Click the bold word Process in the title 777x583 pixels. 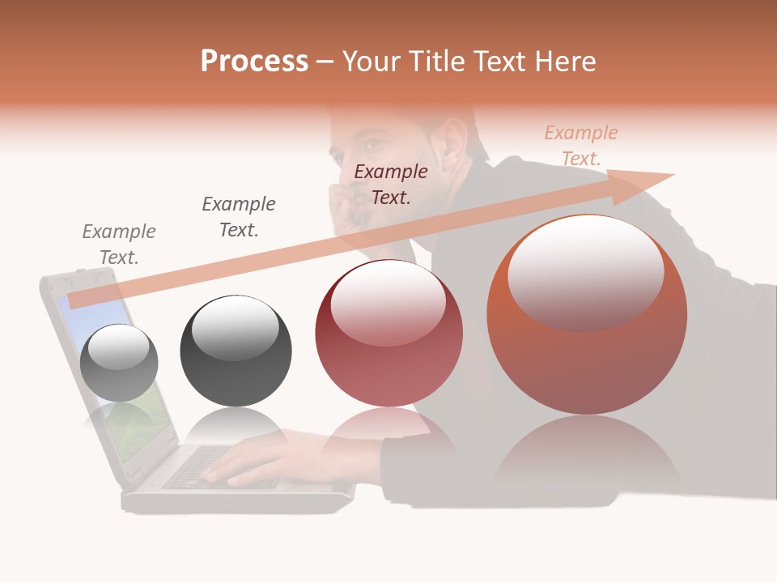pyautogui.click(x=254, y=62)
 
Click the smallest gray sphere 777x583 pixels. pyautogui.click(x=119, y=363)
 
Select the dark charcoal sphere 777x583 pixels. pyautogui.click(x=236, y=351)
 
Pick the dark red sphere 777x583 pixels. pyautogui.click(x=388, y=334)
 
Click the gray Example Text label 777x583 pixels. pyautogui.click(x=119, y=245)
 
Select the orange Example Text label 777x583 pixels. pyautogui.click(x=581, y=146)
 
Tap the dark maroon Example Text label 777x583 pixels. pyautogui.click(x=391, y=184)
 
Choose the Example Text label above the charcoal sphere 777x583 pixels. pyautogui.click(x=239, y=216)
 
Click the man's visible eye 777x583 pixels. pyautogui.click(x=369, y=146)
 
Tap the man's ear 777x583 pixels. pyautogui.click(x=452, y=144)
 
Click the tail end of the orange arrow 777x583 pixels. pyautogui.click(x=73, y=301)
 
